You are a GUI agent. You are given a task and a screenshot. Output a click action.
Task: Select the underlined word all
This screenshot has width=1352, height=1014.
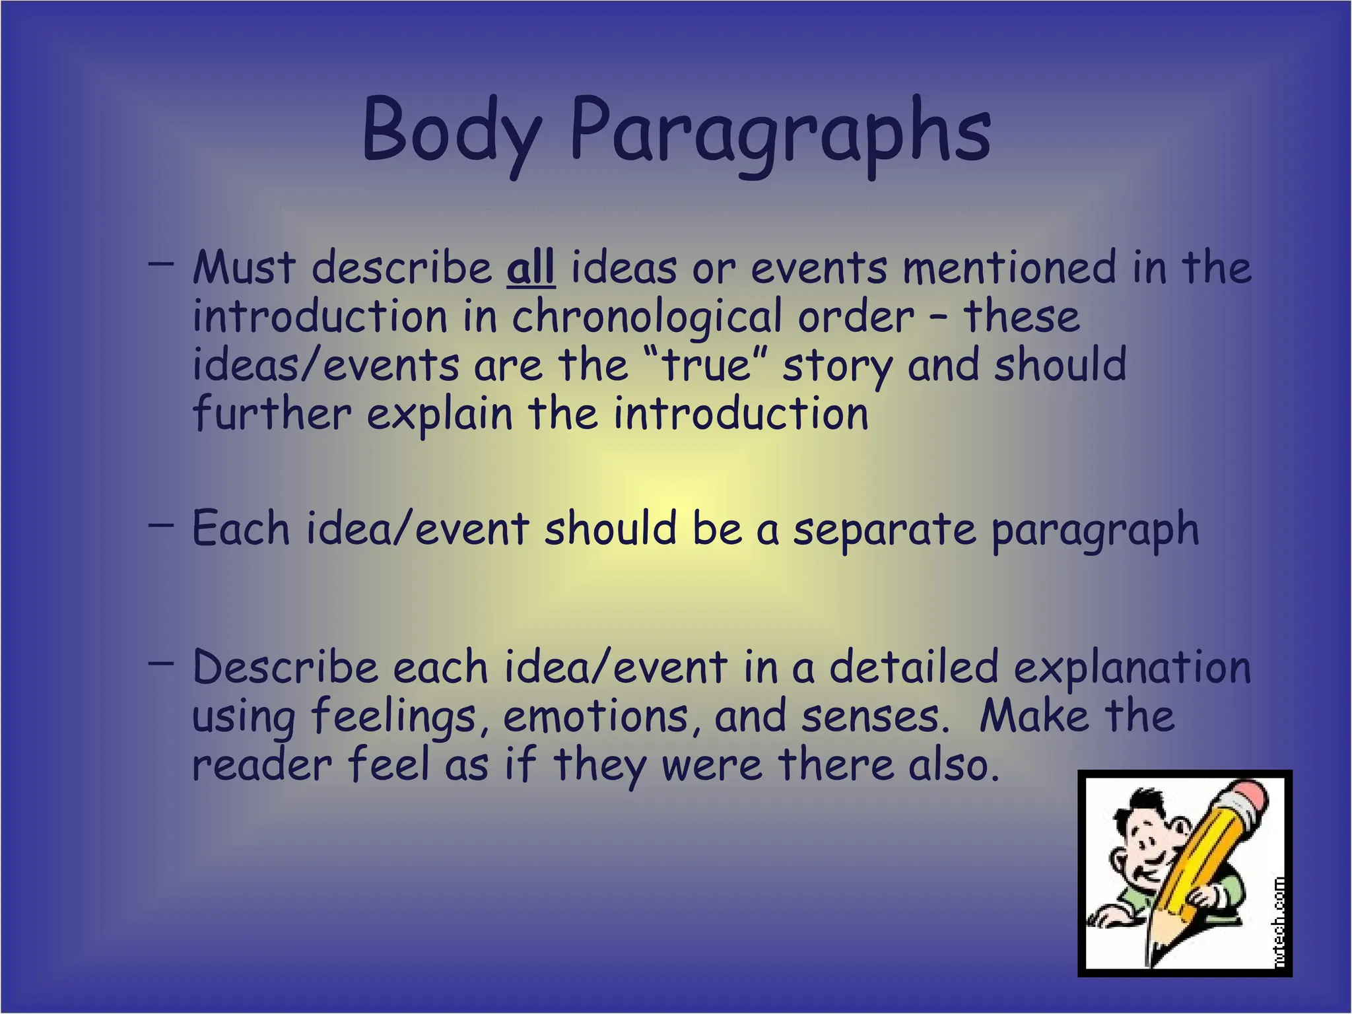coord(531,269)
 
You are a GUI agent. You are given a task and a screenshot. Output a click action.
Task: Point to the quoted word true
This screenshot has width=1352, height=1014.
coord(706,366)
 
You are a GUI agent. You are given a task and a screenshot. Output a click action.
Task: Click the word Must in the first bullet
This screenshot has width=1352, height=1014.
coord(244,269)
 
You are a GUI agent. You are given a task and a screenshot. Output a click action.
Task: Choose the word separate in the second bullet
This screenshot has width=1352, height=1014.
coord(884,529)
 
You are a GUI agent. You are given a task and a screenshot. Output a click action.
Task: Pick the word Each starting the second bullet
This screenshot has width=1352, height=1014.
coord(241,529)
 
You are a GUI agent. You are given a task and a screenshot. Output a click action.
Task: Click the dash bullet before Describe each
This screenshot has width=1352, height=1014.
coord(161,662)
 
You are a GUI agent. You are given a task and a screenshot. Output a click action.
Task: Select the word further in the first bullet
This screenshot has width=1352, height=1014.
coord(271,415)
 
